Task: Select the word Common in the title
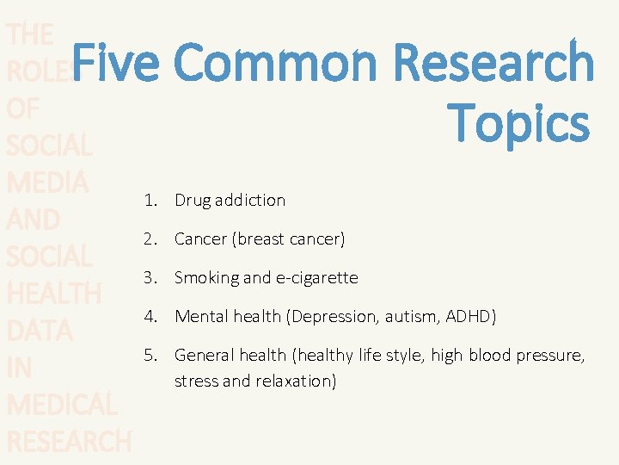click(x=274, y=65)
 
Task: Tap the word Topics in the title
click(x=518, y=123)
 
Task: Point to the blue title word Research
click(x=493, y=65)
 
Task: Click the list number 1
click(x=151, y=200)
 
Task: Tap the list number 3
click(x=151, y=277)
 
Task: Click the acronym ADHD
click(x=470, y=316)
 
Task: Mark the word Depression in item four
click(x=333, y=316)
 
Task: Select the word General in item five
click(x=204, y=355)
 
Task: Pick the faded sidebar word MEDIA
click(x=47, y=183)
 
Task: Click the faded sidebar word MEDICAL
click(x=61, y=405)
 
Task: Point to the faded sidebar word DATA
click(x=40, y=331)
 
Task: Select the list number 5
click(x=151, y=355)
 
